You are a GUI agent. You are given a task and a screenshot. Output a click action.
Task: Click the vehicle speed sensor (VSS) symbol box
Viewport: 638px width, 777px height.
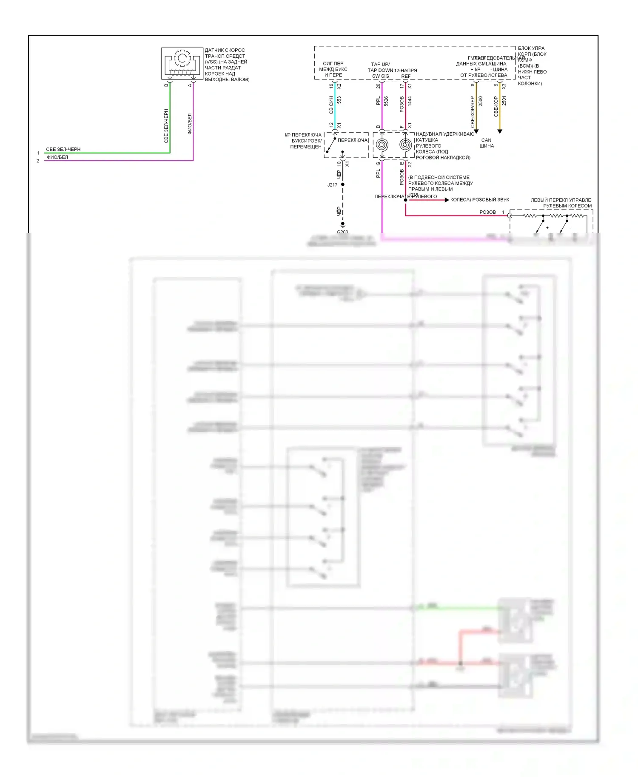point(182,63)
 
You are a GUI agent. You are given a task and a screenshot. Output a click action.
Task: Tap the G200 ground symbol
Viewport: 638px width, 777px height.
point(342,225)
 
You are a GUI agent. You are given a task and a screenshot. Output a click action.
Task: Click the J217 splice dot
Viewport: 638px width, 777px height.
point(343,184)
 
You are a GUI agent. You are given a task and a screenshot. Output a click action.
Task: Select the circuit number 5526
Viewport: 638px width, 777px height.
point(386,101)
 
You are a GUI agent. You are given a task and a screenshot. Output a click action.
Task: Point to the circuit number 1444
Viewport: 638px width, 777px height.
point(410,101)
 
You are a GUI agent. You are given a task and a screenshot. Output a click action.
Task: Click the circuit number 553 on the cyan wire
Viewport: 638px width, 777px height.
point(339,100)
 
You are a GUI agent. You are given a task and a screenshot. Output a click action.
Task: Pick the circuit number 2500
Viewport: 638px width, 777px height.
point(481,101)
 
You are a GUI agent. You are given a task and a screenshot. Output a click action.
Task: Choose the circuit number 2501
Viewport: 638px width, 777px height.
point(504,101)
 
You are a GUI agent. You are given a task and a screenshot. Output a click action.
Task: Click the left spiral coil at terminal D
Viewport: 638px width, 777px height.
point(382,145)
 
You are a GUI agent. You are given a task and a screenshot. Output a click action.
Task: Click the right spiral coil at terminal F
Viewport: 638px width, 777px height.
point(406,145)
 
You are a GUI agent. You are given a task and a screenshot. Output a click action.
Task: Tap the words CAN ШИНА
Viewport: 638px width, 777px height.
point(487,143)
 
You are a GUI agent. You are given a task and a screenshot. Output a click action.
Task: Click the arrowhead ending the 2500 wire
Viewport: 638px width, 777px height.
point(476,131)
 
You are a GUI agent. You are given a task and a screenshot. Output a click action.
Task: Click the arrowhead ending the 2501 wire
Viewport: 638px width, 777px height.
point(500,131)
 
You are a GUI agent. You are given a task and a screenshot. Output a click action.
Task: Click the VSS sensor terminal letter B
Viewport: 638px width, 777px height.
point(166,85)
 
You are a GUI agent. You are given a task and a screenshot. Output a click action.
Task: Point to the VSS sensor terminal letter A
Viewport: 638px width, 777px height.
point(190,85)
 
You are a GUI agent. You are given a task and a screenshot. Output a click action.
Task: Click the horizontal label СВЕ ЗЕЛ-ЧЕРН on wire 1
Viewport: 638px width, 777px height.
point(63,150)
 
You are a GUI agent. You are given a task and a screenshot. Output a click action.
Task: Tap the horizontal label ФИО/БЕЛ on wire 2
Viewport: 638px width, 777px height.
point(57,157)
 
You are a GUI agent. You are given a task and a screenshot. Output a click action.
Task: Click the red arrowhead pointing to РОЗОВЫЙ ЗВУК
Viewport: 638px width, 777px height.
point(447,200)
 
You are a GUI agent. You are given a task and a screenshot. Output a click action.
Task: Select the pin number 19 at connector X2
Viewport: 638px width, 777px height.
point(331,86)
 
